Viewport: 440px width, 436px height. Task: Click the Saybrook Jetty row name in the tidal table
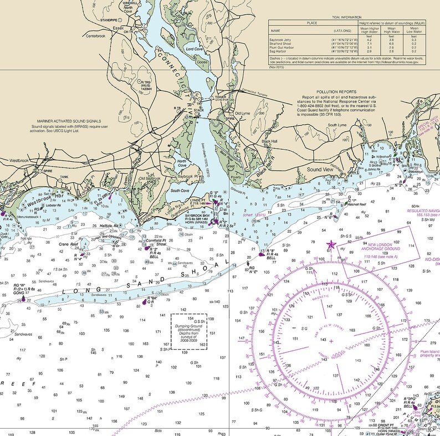click(x=280, y=40)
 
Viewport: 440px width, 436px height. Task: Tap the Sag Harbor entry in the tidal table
click(x=279, y=52)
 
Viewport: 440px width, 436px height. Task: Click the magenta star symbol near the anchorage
click(x=331, y=244)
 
